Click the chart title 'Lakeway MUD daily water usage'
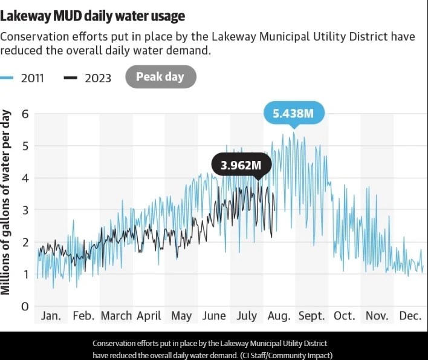click(x=93, y=15)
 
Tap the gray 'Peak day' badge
click(x=160, y=77)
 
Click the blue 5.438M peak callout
click(x=294, y=113)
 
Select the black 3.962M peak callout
click(x=241, y=165)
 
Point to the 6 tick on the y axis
click(x=25, y=114)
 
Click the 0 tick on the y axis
click(x=25, y=307)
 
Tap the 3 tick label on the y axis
click(x=25, y=211)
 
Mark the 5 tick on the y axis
click(x=25, y=146)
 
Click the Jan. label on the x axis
click(x=51, y=316)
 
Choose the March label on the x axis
click(x=116, y=316)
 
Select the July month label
click(x=247, y=316)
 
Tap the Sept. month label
click(x=311, y=316)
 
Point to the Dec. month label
click(x=410, y=316)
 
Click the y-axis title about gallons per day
click(x=7, y=202)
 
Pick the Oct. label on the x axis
click(x=345, y=316)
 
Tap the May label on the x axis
click(x=181, y=316)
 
